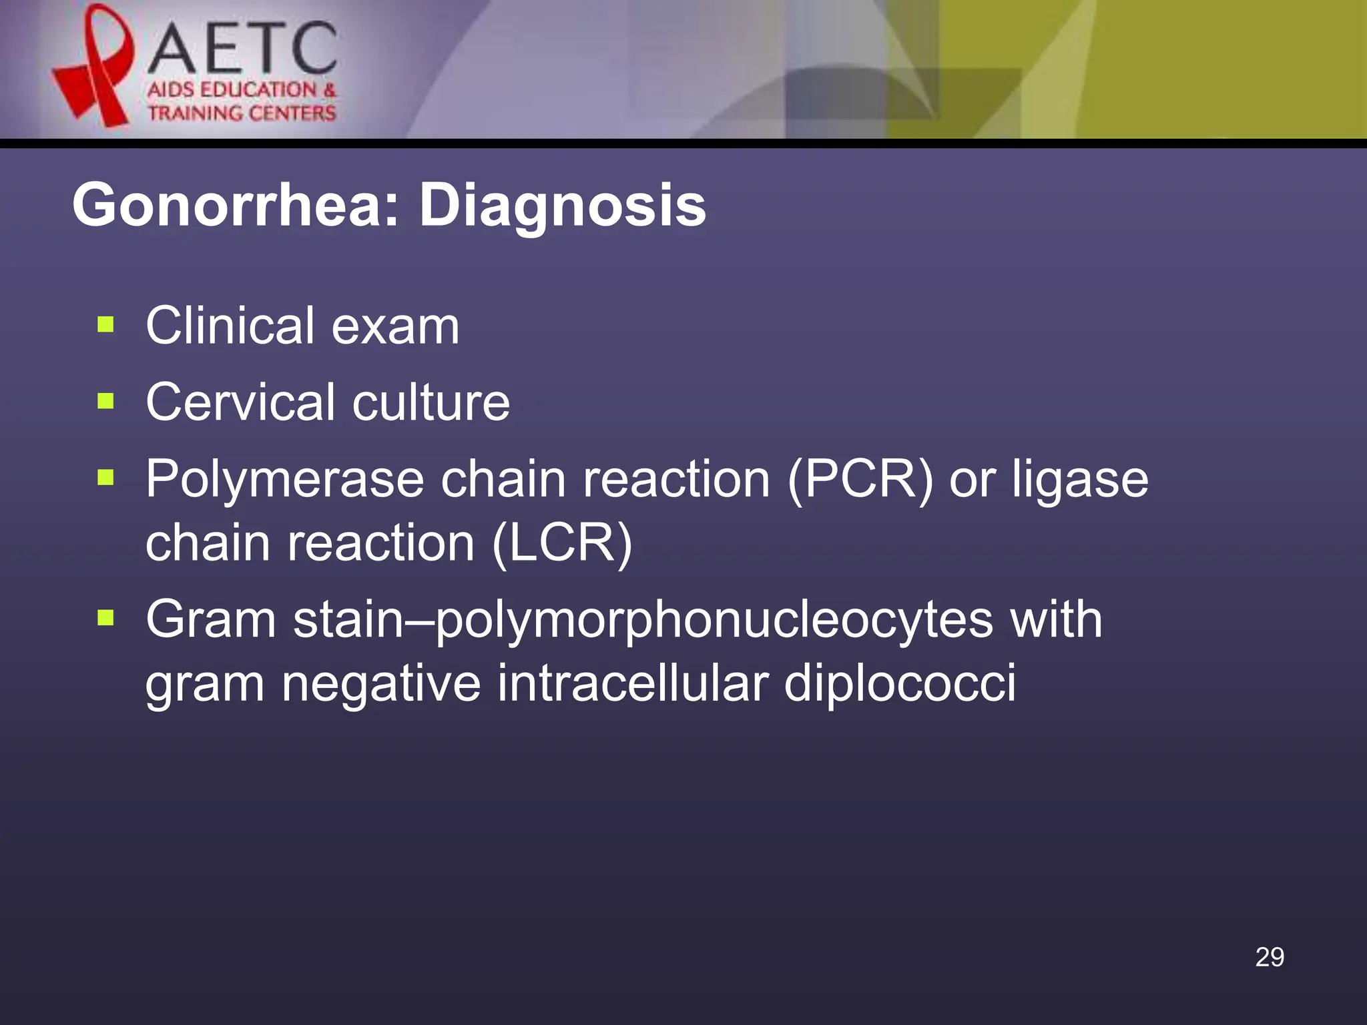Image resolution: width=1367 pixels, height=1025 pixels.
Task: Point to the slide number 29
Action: click(1269, 957)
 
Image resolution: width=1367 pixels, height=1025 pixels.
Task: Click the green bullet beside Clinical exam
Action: click(105, 325)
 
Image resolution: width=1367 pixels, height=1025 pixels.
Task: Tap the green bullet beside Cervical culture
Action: click(105, 402)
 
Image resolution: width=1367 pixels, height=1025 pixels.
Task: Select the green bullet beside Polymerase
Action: click(105, 478)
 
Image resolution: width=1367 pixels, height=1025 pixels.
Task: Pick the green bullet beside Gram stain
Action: click(105, 619)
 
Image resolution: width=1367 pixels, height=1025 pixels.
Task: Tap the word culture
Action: click(431, 402)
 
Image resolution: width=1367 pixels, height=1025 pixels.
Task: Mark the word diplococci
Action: click(900, 683)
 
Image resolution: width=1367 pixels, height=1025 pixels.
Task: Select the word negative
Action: click(380, 685)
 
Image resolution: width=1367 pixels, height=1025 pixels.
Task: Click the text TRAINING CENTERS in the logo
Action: click(242, 113)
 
